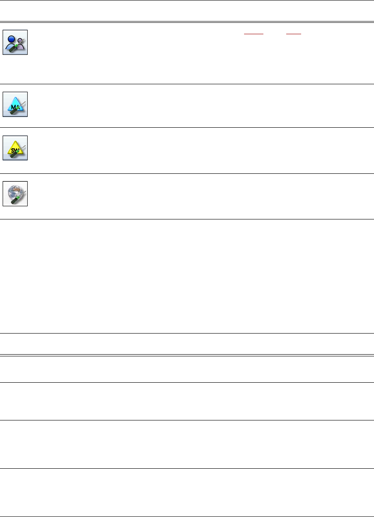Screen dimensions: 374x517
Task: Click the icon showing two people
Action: point(15,42)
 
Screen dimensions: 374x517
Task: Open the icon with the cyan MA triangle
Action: point(15,104)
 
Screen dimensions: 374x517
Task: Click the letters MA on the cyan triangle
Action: point(14,107)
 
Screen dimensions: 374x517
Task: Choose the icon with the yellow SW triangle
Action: point(15,147)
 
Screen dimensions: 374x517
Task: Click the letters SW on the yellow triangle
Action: point(14,150)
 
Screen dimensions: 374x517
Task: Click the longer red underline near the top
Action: point(253,33)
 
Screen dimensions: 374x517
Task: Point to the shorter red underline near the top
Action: point(294,33)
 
